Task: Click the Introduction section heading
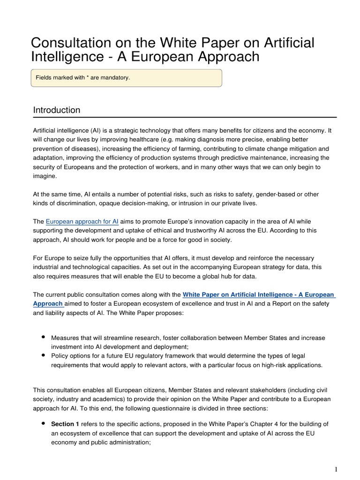tap(57, 110)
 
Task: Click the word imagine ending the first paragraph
tap(44, 176)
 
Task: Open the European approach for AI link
tap(82, 221)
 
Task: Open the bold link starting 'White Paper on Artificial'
tap(258, 295)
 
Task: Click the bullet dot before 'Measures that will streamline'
tap(43, 337)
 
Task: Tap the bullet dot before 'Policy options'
tap(43, 355)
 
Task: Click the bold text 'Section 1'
tap(65, 424)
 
